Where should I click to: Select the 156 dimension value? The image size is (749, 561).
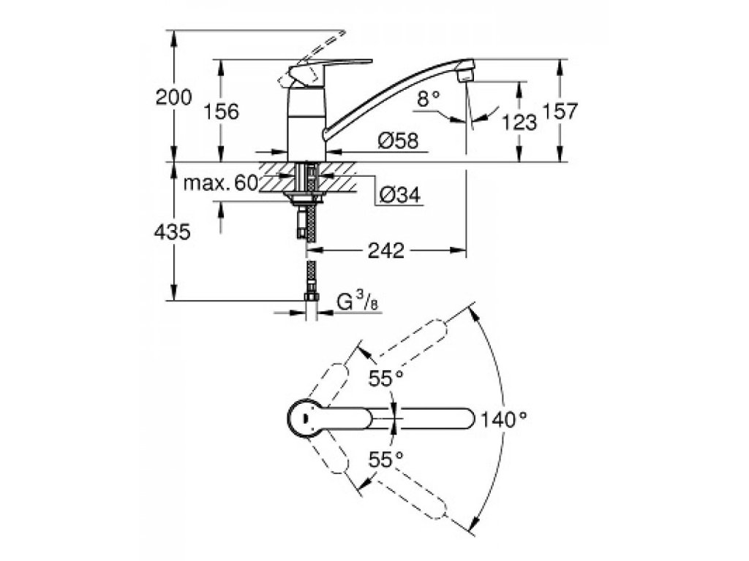[x=220, y=111]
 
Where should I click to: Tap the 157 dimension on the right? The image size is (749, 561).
[x=561, y=111]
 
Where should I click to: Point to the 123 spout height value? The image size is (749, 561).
[x=520, y=122]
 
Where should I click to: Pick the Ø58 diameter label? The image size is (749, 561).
[x=398, y=142]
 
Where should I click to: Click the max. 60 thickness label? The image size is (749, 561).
[x=219, y=183]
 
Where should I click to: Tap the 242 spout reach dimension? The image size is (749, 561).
[x=385, y=250]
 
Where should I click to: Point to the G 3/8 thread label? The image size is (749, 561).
[x=357, y=300]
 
